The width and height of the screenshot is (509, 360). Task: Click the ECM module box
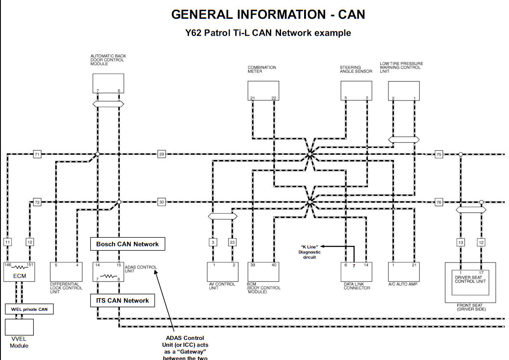click(x=19, y=272)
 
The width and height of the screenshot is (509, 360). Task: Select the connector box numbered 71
click(x=37, y=154)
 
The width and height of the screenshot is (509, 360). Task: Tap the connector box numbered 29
click(x=161, y=154)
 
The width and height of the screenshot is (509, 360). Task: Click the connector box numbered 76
click(x=438, y=202)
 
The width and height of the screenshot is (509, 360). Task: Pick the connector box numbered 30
click(x=161, y=202)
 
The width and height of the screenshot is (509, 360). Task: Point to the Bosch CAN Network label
click(x=127, y=244)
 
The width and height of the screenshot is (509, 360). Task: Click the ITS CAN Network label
click(x=122, y=301)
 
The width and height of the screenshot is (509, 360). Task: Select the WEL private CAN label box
click(x=30, y=309)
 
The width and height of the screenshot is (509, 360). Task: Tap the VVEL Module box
click(x=19, y=328)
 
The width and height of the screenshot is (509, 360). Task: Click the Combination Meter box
click(x=263, y=91)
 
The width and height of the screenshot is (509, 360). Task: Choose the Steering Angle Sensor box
click(x=356, y=91)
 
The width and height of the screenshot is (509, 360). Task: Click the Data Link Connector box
click(x=356, y=271)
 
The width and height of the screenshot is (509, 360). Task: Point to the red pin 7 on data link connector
click(x=354, y=266)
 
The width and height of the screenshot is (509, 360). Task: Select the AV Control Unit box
click(x=223, y=271)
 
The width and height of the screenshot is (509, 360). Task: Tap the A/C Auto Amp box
click(x=403, y=271)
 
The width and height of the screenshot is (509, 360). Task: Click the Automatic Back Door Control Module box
click(x=108, y=83)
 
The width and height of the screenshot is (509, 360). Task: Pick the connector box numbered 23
click(x=232, y=242)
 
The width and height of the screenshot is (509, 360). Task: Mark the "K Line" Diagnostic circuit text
click(x=310, y=252)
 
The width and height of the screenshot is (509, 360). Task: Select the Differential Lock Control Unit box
click(x=66, y=271)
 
